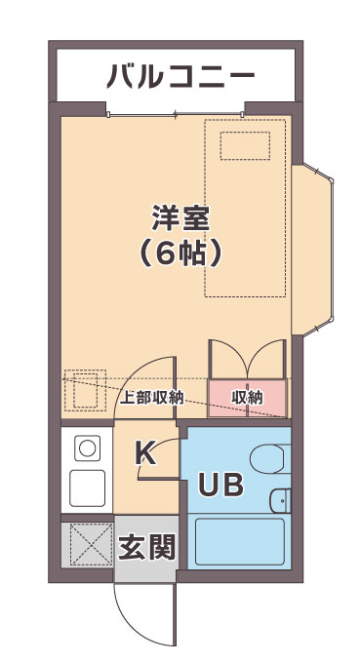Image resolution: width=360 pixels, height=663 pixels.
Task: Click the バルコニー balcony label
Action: (180, 76)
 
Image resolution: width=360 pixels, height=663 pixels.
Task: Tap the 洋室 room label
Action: (180, 217)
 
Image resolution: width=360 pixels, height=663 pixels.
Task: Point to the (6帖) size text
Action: (180, 253)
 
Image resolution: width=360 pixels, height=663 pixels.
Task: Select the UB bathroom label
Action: (221, 485)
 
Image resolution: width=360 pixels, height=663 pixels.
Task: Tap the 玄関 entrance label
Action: (146, 548)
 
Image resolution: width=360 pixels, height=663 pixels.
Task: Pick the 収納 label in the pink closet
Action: (247, 398)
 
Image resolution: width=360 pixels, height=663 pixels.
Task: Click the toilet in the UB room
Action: (270, 459)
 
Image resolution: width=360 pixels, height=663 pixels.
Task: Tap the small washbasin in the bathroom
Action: (280, 500)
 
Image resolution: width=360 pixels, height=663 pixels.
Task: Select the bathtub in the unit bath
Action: (240, 542)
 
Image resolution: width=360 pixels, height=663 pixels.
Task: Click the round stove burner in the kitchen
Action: (88, 448)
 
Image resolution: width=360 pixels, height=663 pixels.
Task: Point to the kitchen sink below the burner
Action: (88, 487)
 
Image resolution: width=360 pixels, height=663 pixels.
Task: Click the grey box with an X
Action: (87, 544)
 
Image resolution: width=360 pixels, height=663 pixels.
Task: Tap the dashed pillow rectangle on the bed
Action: (245, 145)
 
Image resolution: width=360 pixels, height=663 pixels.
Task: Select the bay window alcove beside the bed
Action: (312, 250)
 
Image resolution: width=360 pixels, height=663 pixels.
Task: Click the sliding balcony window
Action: (176, 114)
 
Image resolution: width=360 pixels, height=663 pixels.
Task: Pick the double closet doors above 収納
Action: (248, 359)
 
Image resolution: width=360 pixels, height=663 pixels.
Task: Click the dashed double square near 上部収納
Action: (85, 390)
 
